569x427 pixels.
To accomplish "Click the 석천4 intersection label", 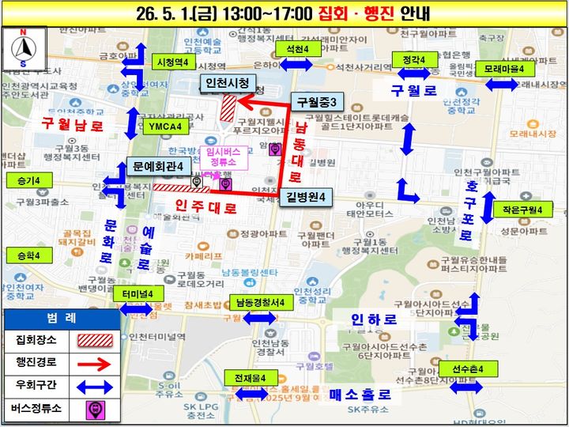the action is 297,49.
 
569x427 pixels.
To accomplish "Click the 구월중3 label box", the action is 317,102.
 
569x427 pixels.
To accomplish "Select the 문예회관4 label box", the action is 157,167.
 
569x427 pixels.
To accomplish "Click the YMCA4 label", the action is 164,126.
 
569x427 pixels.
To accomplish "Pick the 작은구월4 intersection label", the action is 522,210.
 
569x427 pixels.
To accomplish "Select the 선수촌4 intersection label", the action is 468,369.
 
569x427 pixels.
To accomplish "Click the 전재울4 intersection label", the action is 250,376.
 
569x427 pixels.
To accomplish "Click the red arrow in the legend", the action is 94,365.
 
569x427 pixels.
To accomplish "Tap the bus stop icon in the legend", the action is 94,410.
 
